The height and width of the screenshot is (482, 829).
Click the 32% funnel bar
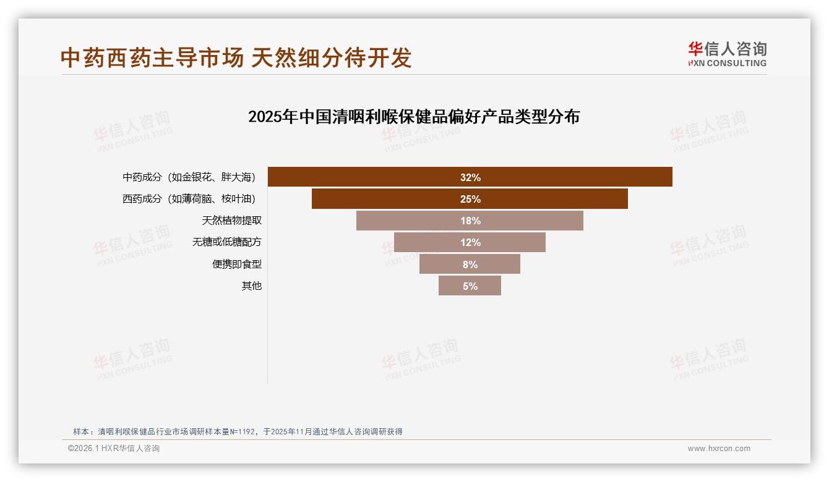click(470, 177)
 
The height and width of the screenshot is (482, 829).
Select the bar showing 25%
click(470, 199)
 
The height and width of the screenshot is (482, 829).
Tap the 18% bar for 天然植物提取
click(470, 221)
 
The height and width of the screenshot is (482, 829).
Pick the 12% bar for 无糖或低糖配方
click(470, 242)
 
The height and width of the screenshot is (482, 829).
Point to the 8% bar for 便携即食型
click(470, 264)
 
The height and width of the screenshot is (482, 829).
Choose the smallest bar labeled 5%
click(470, 285)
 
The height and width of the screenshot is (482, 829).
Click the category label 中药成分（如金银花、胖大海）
click(189, 177)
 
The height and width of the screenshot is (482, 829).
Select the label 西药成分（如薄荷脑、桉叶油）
click(189, 199)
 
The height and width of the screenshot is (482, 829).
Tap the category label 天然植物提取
click(227, 221)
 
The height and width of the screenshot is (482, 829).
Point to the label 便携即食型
click(237, 264)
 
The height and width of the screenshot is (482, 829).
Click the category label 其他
click(252, 285)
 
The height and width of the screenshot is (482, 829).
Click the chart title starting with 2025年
click(413, 117)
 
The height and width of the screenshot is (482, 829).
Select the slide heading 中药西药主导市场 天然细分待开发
click(236, 58)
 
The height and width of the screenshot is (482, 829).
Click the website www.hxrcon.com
click(719, 449)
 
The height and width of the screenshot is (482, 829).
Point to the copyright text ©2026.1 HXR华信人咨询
click(114, 449)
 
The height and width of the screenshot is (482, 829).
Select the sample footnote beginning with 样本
click(238, 431)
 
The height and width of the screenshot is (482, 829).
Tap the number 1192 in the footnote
click(246, 431)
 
